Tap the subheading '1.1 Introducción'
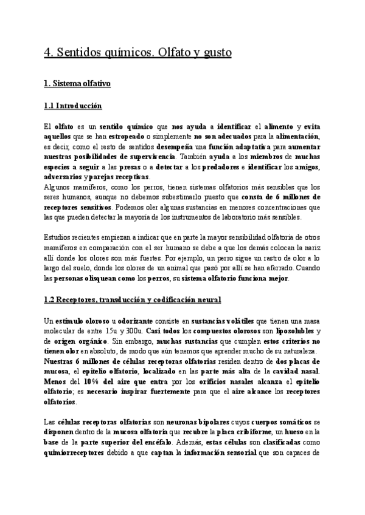click(73, 106)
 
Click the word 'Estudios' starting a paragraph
click(58, 236)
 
